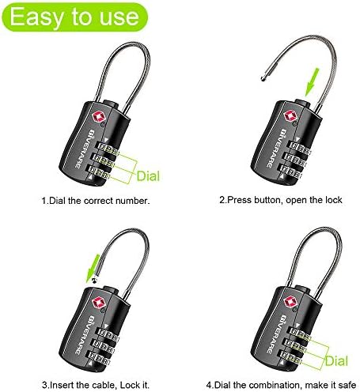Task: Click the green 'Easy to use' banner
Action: [75, 17]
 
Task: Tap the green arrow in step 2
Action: [312, 82]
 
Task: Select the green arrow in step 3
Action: [93, 268]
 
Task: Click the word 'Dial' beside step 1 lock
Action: [148, 176]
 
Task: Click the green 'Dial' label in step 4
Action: [336, 360]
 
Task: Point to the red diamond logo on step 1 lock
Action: [97, 117]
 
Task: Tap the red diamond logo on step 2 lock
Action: [290, 116]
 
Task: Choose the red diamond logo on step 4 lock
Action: [290, 302]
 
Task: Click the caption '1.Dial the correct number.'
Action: [96, 201]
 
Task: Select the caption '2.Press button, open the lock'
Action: [281, 200]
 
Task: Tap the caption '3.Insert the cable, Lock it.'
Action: [96, 385]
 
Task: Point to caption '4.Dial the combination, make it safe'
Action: [281, 385]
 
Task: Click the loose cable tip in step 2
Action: [263, 78]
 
